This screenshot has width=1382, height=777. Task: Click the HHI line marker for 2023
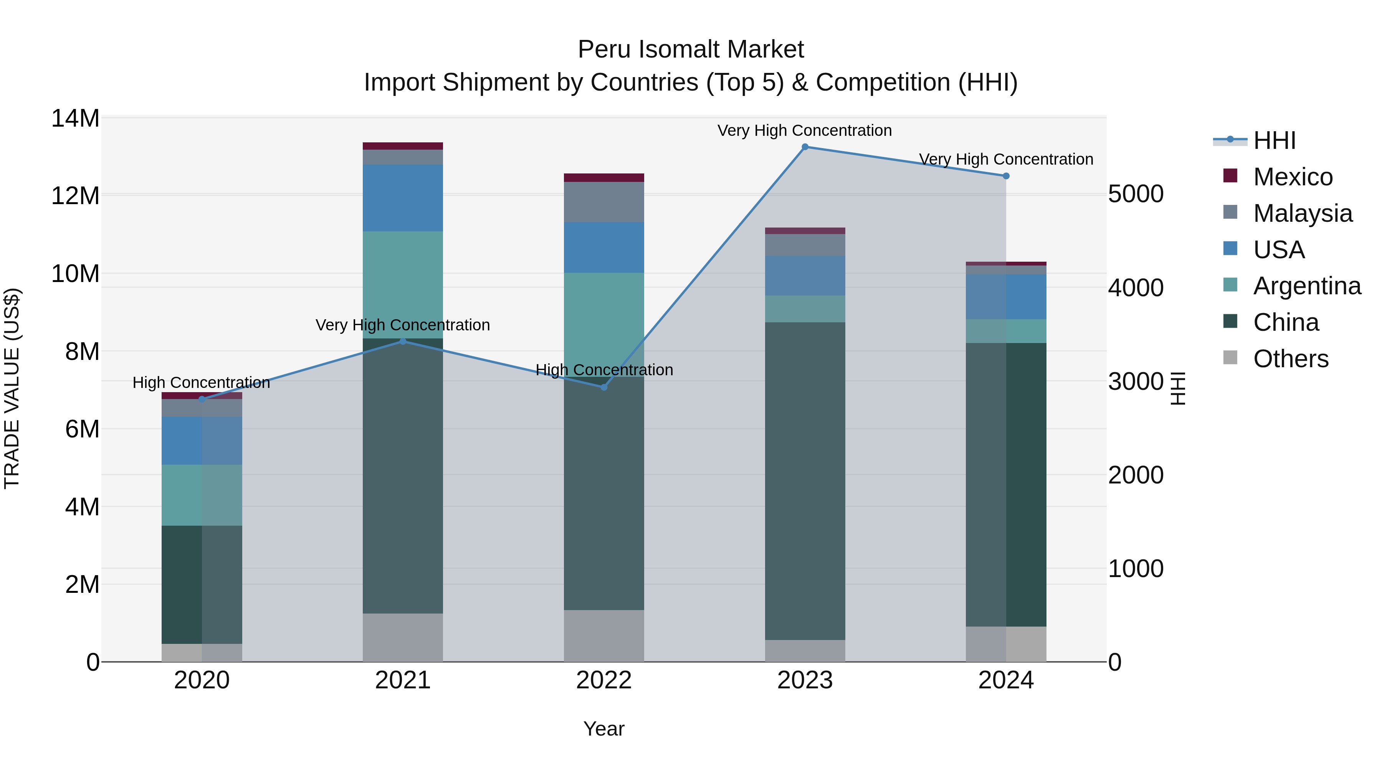(x=805, y=147)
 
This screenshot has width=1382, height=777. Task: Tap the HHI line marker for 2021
(x=403, y=341)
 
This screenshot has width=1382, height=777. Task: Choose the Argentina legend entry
(x=1307, y=286)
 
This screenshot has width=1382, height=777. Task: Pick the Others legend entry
(x=1291, y=359)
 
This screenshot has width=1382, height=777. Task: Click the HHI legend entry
(x=1274, y=140)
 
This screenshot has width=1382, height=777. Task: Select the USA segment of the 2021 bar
(x=403, y=198)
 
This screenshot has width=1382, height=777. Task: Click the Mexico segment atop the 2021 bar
(x=403, y=146)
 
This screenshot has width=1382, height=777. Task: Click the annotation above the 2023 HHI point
(x=805, y=131)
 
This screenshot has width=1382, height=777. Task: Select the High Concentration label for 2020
(x=201, y=383)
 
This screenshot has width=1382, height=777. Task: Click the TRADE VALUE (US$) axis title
(x=12, y=388)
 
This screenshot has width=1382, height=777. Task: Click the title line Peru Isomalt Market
(x=691, y=50)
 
